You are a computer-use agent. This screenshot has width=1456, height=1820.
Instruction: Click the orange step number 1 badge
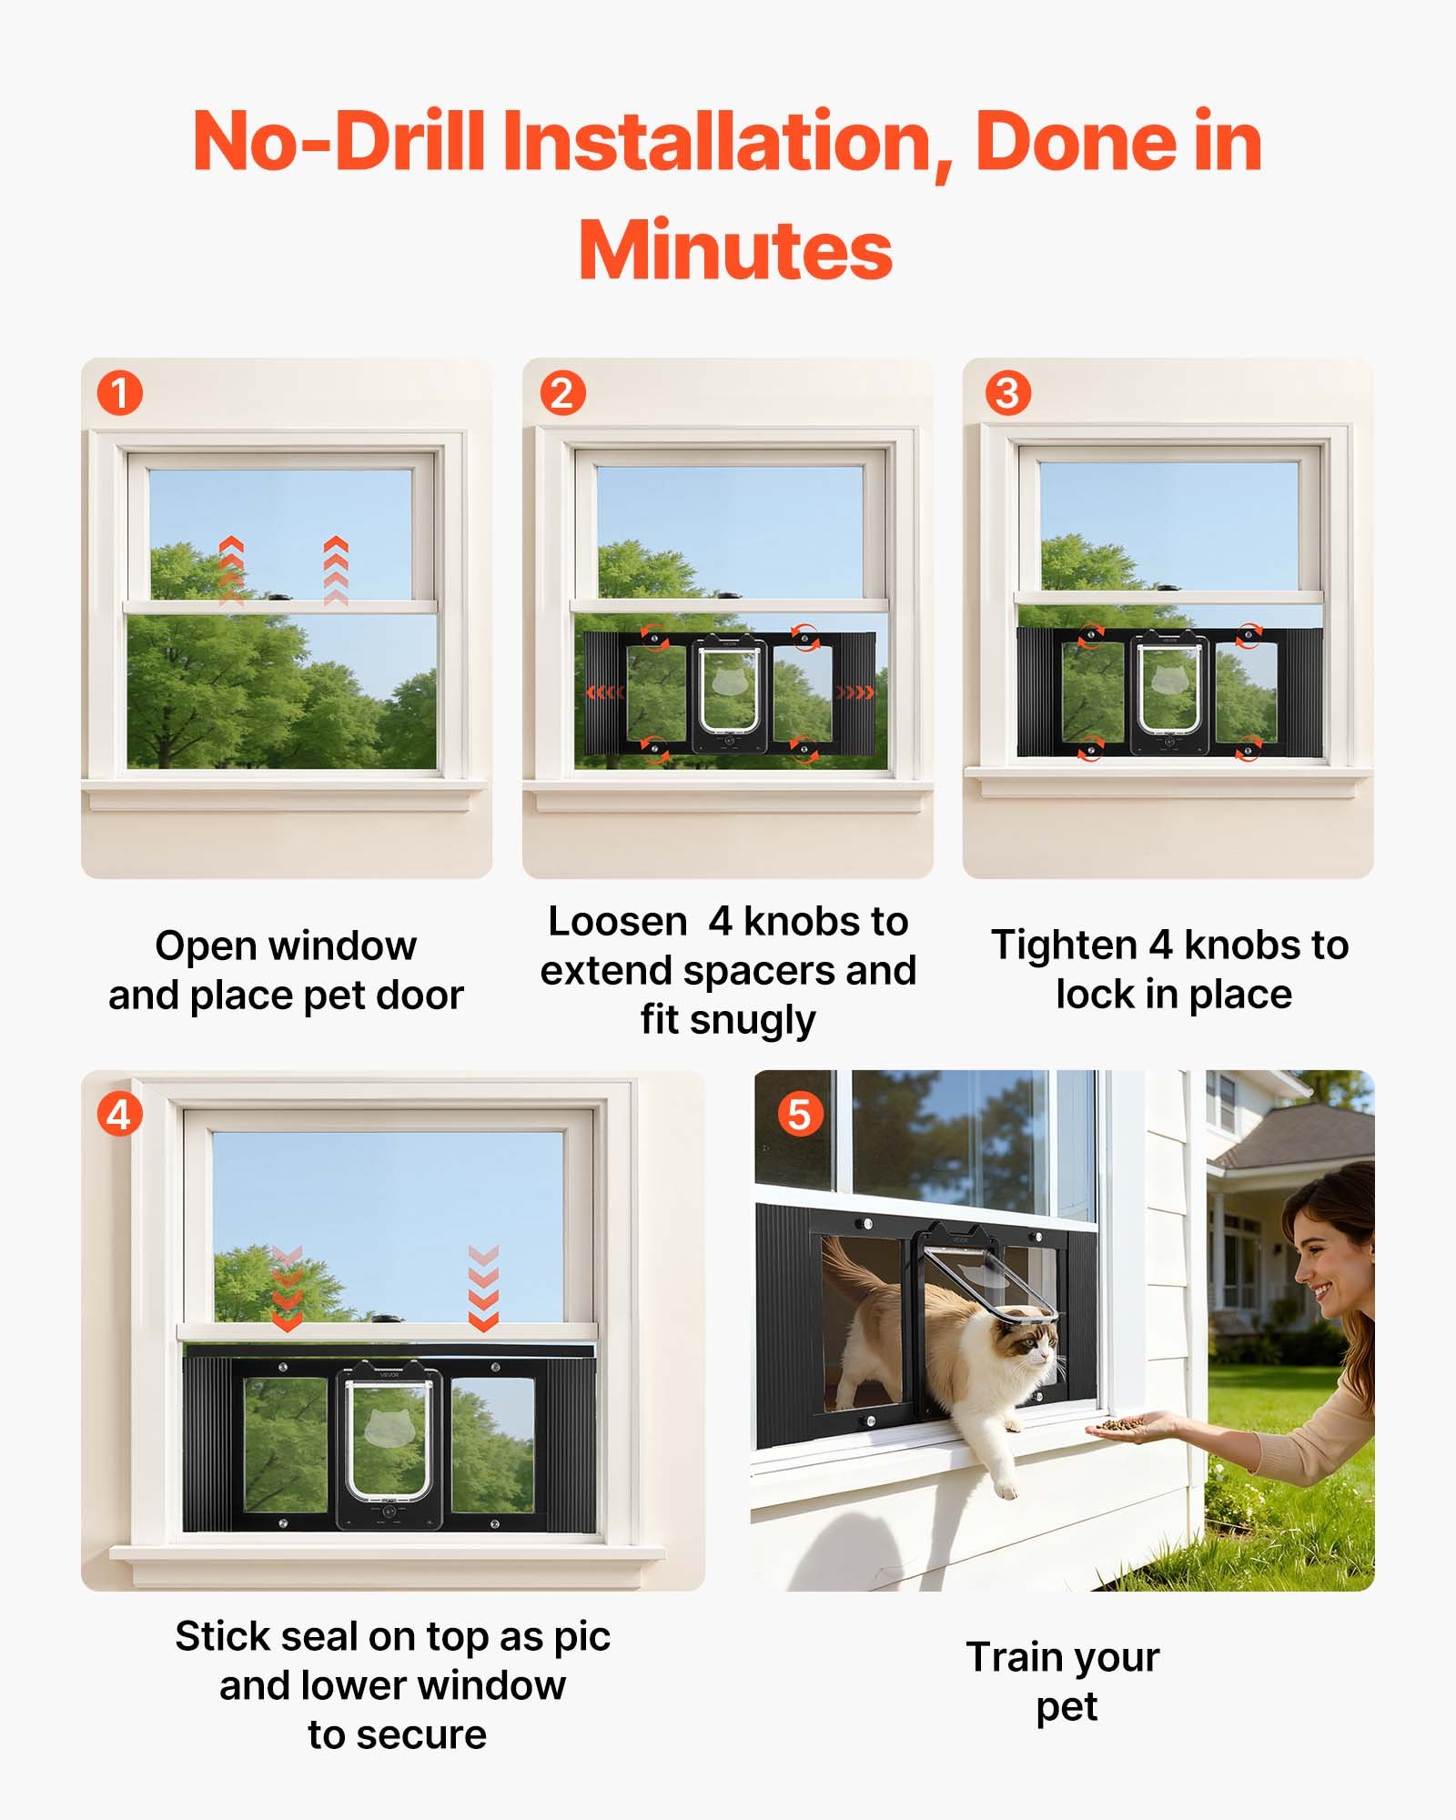pyautogui.click(x=119, y=393)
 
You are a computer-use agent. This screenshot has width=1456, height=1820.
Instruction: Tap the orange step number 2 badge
pyautogui.click(x=562, y=393)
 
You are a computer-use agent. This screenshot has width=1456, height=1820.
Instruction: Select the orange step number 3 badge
pyautogui.click(x=1007, y=393)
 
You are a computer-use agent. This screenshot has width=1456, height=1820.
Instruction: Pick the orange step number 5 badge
pyautogui.click(x=799, y=1114)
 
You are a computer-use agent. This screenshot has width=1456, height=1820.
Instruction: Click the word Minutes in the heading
pyautogui.click(x=735, y=251)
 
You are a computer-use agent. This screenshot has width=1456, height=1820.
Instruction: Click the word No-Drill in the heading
pyautogui.click(x=338, y=142)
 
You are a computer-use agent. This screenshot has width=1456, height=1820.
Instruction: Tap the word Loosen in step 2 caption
pyautogui.click(x=617, y=922)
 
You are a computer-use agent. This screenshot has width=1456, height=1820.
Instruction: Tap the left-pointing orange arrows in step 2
pyautogui.click(x=605, y=693)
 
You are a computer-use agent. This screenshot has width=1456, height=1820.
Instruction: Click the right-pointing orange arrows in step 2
pyautogui.click(x=854, y=693)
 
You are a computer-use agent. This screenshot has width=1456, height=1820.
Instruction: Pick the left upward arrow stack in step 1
pyautogui.click(x=231, y=571)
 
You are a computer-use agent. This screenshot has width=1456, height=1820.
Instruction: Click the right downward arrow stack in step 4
pyautogui.click(x=483, y=1288)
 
